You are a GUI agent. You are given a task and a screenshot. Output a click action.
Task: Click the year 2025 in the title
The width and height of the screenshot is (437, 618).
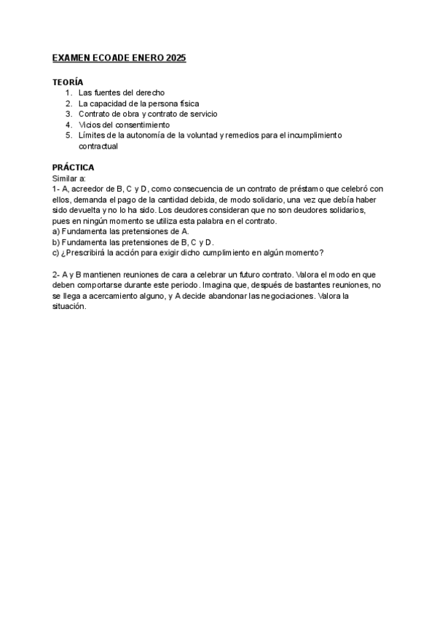176,58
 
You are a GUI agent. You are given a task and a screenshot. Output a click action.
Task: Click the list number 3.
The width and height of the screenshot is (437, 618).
68,114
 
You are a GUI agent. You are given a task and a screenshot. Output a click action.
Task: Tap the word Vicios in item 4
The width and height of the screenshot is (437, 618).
90,125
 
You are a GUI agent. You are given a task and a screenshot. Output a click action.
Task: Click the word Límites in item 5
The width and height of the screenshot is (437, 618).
92,136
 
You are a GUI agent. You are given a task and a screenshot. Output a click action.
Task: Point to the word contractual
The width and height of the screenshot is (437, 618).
98,146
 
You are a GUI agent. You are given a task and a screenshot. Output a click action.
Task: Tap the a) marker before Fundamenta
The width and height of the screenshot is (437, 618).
56,231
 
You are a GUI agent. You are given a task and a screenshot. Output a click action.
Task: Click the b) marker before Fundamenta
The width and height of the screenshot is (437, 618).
56,242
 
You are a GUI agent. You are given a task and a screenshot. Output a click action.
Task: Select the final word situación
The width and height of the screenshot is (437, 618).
69,306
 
